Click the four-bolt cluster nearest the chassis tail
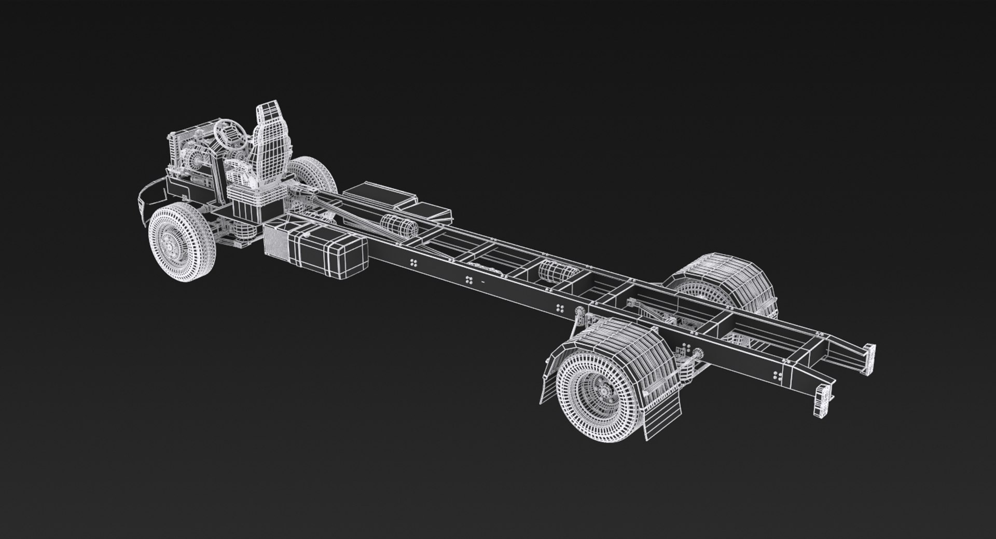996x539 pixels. pos(777,375)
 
